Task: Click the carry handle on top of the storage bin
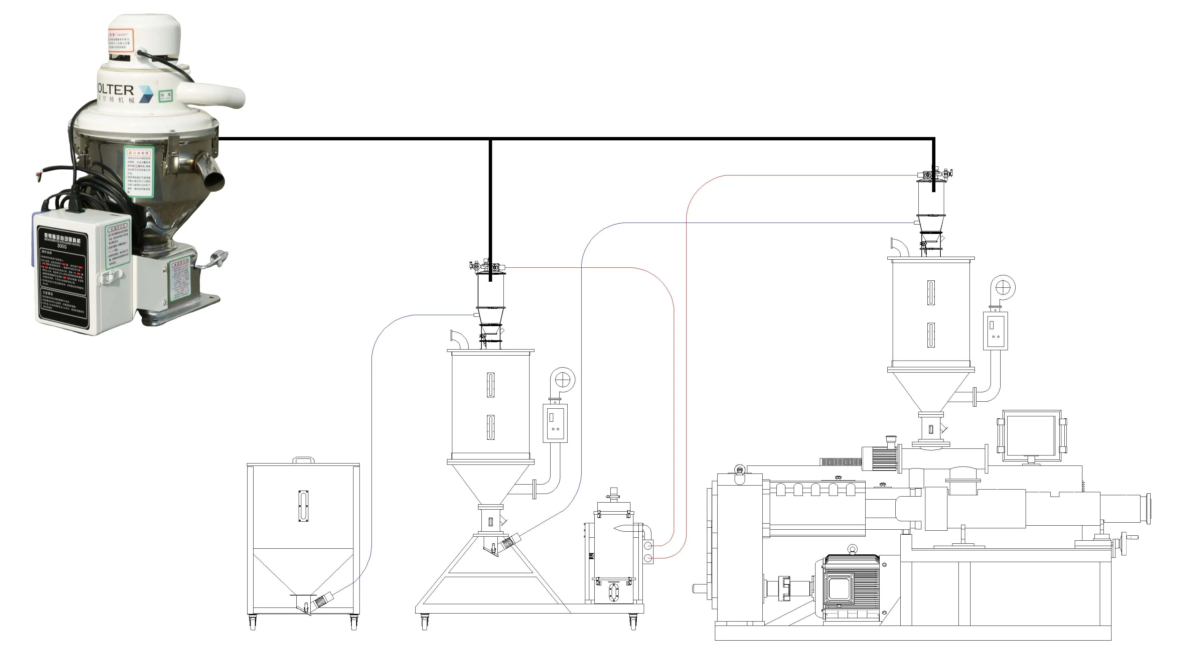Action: [x=303, y=460]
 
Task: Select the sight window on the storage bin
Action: [x=303, y=506]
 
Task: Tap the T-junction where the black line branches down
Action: [x=490, y=139]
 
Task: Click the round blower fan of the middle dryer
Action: [x=563, y=379]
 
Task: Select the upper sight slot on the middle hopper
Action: [x=490, y=385]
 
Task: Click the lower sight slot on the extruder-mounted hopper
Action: [x=930, y=335]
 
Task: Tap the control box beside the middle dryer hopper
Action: [x=555, y=423]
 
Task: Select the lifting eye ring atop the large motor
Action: [x=852, y=549]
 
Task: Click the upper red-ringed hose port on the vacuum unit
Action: [x=648, y=545]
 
